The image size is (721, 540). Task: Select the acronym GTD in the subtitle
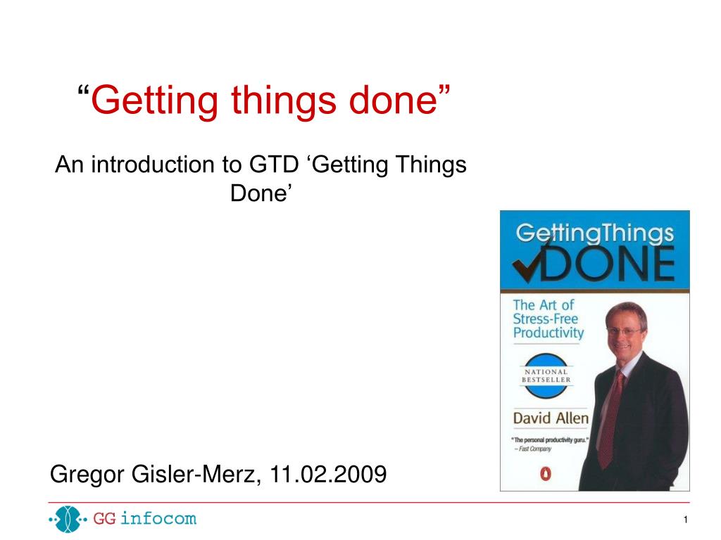(274, 165)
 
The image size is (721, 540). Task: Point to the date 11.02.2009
(328, 474)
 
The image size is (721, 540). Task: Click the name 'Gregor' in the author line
(87, 475)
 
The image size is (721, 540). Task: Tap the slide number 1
(686, 520)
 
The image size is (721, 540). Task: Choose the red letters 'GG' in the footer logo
(104, 519)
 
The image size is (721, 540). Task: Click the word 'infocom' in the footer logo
(158, 518)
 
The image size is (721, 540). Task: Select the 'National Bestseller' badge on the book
(546, 375)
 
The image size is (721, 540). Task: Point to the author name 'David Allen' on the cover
(551, 418)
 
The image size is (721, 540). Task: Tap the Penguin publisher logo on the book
(546, 473)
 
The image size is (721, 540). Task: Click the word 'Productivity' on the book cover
(548, 333)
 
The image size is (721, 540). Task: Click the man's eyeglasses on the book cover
(625, 331)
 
